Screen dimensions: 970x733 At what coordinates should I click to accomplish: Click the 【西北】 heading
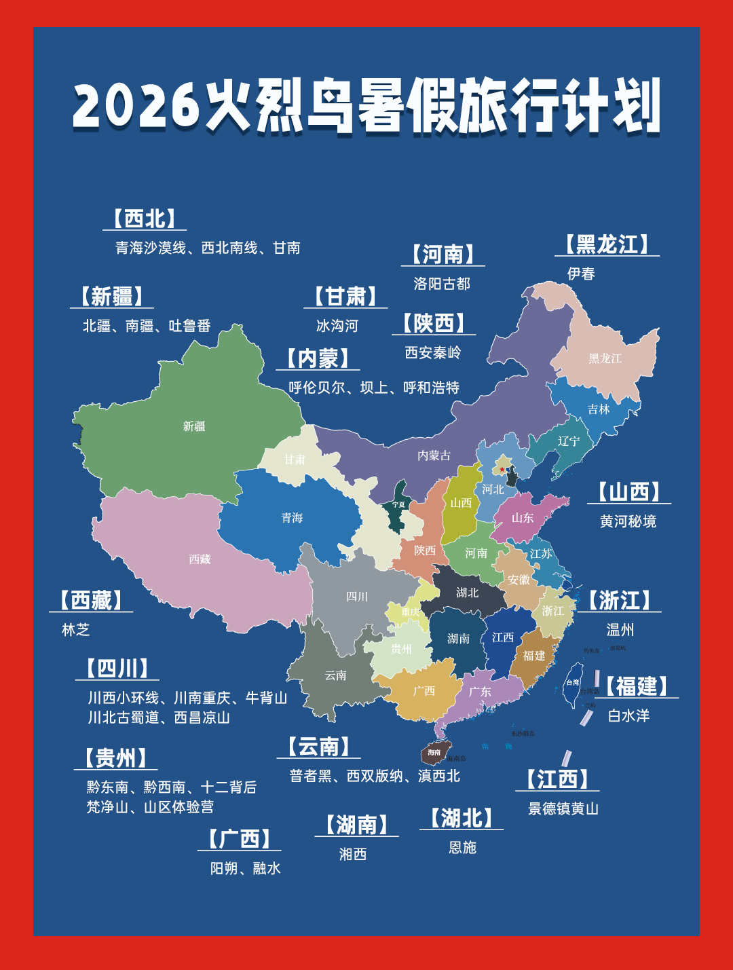coord(145,219)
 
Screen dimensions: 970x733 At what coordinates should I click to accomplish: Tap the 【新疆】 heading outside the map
coord(112,297)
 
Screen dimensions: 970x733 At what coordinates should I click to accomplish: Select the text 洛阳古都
coord(442,284)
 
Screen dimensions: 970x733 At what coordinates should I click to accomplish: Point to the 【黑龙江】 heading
coord(607,245)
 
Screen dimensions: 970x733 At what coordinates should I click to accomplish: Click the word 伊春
coord(581,274)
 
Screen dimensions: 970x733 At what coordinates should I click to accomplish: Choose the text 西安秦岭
coord(433,352)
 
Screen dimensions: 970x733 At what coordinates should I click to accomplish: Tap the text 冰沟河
coord(337,326)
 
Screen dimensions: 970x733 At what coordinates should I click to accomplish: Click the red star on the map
coord(502,469)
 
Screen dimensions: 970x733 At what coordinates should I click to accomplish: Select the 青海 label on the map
coord(292,518)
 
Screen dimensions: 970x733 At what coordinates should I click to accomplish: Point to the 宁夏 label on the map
coord(398,504)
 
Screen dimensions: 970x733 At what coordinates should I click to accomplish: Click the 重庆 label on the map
coord(410,612)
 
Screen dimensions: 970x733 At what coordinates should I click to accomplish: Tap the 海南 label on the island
coord(434,752)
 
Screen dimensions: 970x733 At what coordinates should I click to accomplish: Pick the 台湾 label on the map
coord(573,682)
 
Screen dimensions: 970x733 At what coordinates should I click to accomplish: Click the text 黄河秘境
coord(628,521)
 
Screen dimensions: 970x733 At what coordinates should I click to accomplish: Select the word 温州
coord(620,630)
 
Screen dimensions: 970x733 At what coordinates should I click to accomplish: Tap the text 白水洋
coord(628,715)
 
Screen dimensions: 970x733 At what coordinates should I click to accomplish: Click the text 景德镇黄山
coord(563,808)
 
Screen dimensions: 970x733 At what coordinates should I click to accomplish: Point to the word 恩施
coord(462,847)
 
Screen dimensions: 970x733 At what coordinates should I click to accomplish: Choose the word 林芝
coord(75,630)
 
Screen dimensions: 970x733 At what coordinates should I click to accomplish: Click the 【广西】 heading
coord(240,839)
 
